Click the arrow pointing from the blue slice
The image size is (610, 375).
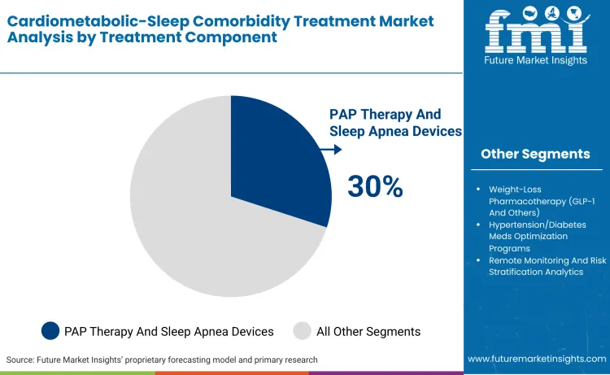[x=332, y=150]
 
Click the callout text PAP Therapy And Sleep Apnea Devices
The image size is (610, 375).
[x=395, y=122]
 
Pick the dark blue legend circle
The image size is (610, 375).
[x=50, y=330]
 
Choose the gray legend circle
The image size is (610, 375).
[x=303, y=330]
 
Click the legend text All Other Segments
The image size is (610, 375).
[x=368, y=331]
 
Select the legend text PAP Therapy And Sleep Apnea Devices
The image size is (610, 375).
[x=169, y=331]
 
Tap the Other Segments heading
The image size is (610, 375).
[x=535, y=154]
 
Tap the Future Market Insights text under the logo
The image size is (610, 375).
[x=535, y=62]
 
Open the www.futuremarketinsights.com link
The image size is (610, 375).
[x=537, y=359]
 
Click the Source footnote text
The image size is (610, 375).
[x=162, y=360]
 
